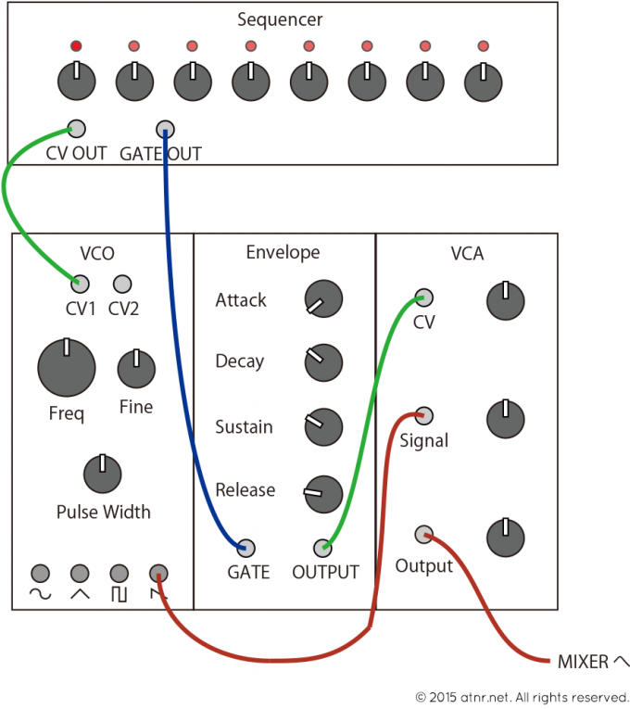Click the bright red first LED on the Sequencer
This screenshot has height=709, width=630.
point(76,46)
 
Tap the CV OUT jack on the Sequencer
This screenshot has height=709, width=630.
point(76,129)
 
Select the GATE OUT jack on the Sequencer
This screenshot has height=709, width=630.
point(164,129)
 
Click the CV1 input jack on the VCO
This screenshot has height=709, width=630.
point(81,284)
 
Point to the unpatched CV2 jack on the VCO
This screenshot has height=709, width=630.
point(121,284)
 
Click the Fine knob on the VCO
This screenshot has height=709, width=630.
point(136,370)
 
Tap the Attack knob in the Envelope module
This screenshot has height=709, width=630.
point(323,298)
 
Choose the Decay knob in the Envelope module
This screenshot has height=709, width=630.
point(323,362)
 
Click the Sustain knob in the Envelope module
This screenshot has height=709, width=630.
point(323,426)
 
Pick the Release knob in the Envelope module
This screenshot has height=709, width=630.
point(323,492)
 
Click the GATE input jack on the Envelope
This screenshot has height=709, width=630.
point(247,547)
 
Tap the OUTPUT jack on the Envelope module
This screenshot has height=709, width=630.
point(322,547)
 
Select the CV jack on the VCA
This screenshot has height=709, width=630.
point(423,298)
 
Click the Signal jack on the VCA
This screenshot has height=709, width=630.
point(423,414)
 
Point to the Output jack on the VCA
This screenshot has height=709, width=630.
point(423,533)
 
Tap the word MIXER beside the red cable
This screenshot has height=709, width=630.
point(583,662)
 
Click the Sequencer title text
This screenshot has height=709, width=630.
point(280,19)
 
